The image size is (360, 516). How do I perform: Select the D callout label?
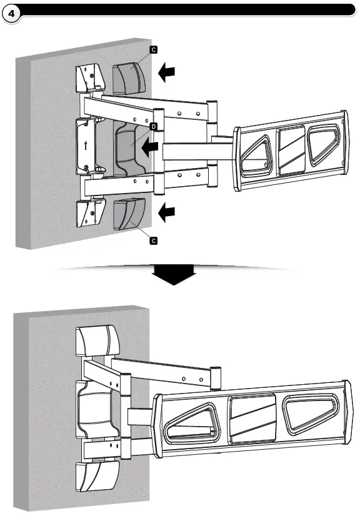coord(153,127)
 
